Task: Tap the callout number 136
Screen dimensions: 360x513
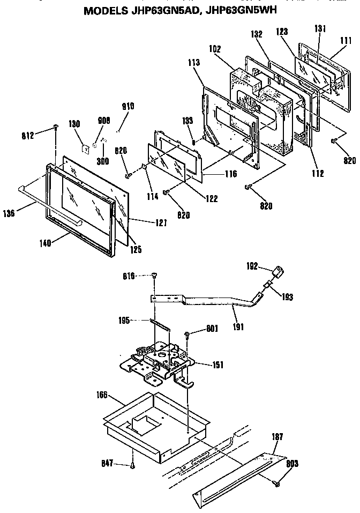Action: point(9,214)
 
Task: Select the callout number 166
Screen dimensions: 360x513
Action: point(102,395)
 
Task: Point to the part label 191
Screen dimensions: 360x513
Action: point(238,326)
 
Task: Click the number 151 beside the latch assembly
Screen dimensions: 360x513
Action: point(217,365)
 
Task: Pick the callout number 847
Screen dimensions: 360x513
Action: point(107,463)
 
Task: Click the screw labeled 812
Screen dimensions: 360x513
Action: point(56,127)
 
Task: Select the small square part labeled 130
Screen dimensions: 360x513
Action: point(86,149)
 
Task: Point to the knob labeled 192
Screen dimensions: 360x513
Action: point(277,272)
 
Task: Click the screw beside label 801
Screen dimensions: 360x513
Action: point(187,334)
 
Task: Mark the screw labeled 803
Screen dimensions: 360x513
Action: point(277,482)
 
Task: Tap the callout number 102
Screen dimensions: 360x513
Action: point(215,49)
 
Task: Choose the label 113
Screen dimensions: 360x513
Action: point(194,63)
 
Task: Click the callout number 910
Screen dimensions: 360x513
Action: point(128,106)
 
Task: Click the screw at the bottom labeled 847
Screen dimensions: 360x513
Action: point(132,466)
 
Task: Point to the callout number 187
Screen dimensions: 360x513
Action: point(277,436)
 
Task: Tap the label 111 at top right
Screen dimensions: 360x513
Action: point(346,41)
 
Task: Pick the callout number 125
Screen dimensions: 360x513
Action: point(136,249)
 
